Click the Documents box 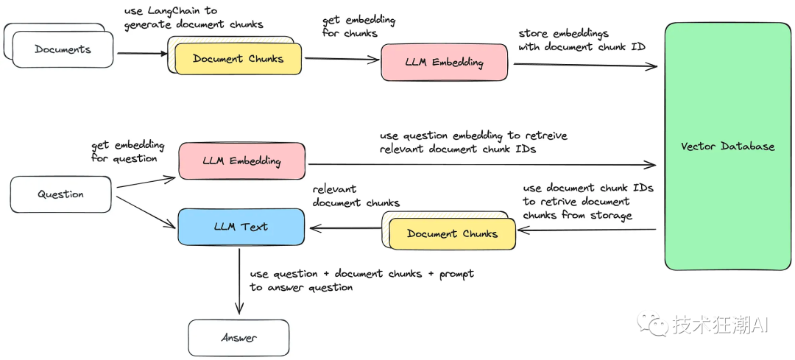point(63,49)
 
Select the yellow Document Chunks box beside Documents point(239,59)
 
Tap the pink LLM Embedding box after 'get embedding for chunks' point(444,63)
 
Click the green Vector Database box point(728,146)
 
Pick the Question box point(61,194)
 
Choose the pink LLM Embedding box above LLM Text point(241,161)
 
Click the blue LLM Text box point(241,226)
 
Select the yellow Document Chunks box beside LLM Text point(452,234)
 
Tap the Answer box point(239,338)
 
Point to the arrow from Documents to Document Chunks point(143,53)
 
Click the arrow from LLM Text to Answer point(239,281)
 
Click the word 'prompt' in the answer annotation point(456,274)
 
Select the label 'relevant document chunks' point(356,197)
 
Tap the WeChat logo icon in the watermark point(652,323)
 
